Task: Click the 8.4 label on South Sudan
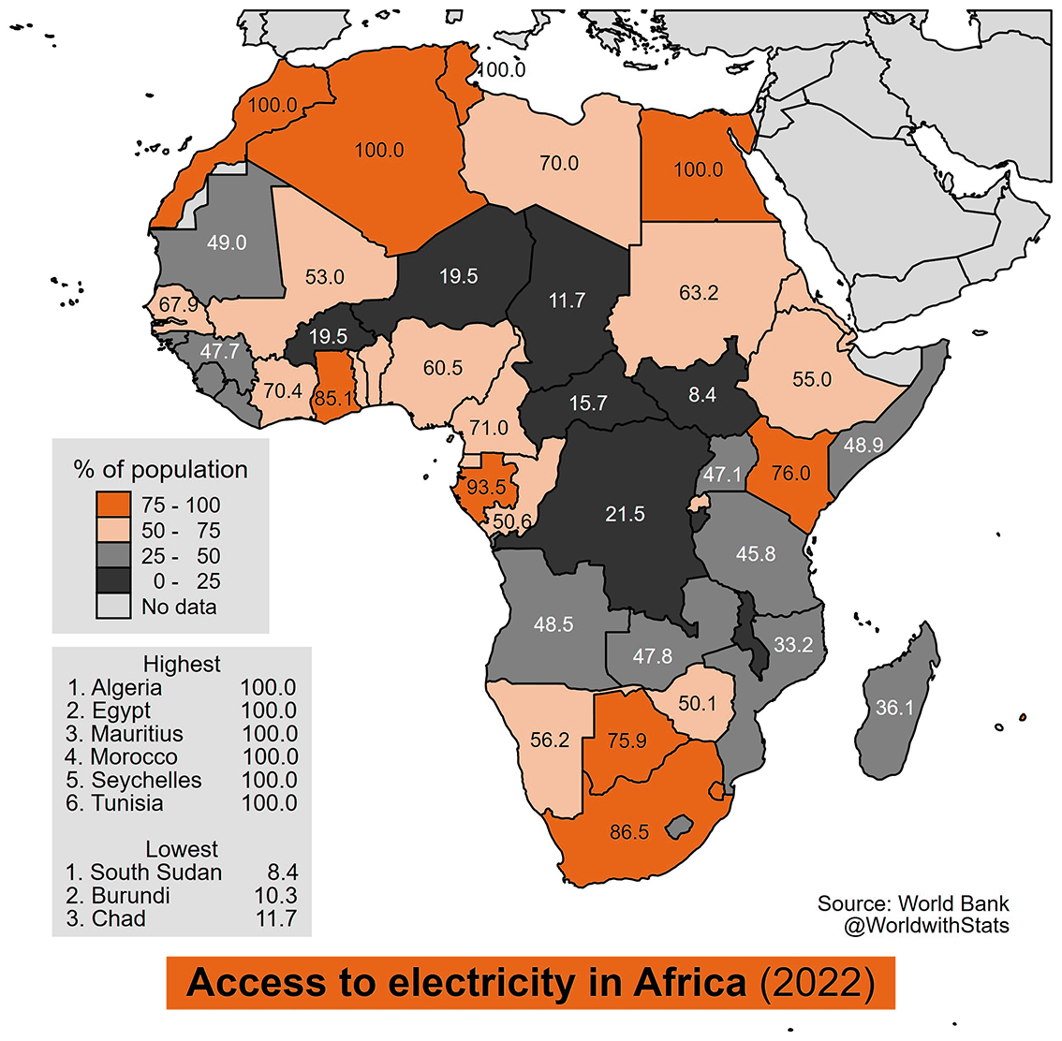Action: pyautogui.click(x=702, y=395)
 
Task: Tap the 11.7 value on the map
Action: pyautogui.click(x=567, y=300)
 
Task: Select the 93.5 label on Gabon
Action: pyautogui.click(x=486, y=487)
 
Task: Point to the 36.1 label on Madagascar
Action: pyautogui.click(x=894, y=708)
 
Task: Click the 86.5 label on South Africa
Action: pyautogui.click(x=629, y=832)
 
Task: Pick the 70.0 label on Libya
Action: pyautogui.click(x=559, y=163)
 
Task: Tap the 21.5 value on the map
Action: pyautogui.click(x=626, y=514)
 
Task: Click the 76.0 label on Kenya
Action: pyautogui.click(x=791, y=473)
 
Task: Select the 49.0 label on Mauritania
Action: pyautogui.click(x=227, y=242)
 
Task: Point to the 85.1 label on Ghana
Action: pyautogui.click(x=333, y=398)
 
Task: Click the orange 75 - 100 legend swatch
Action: pyautogui.click(x=113, y=505)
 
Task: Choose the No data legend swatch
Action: pyautogui.click(x=113, y=607)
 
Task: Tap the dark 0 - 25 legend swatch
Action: pyautogui.click(x=113, y=580)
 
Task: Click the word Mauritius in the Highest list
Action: pyautogui.click(x=137, y=734)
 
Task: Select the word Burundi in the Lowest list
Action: pyautogui.click(x=131, y=896)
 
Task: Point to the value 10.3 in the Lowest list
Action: pyautogui.click(x=275, y=896)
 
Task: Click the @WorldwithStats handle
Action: pyautogui.click(x=926, y=925)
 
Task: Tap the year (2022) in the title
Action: pyautogui.click(x=818, y=983)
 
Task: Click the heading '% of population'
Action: pyautogui.click(x=160, y=469)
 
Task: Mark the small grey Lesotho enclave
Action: pyautogui.click(x=679, y=828)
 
